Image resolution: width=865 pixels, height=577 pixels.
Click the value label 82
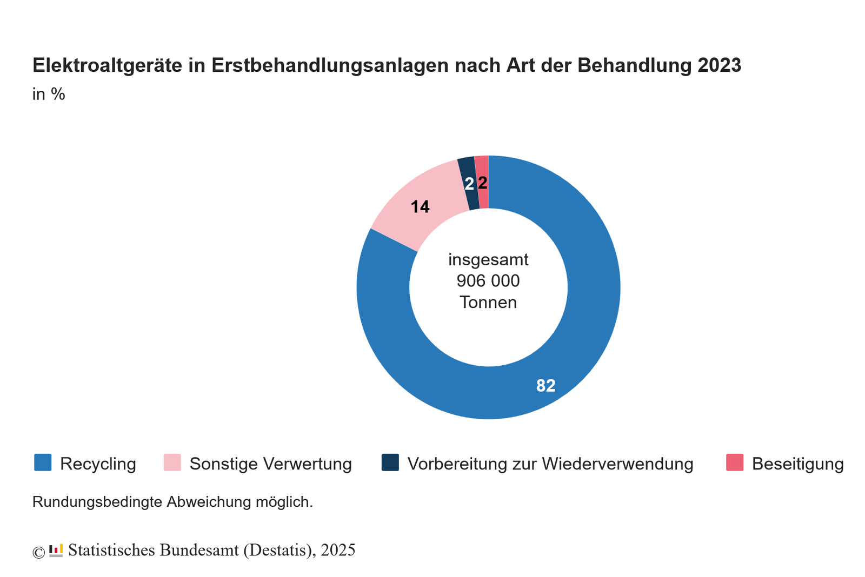(x=545, y=386)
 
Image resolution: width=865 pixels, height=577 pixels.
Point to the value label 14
(x=420, y=206)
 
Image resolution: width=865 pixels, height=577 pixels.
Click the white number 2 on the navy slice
(x=469, y=184)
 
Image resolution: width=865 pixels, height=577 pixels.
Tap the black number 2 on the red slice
(x=483, y=183)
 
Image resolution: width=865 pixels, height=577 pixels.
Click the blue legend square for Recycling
(x=43, y=462)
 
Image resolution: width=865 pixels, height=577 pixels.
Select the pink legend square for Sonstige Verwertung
(x=172, y=462)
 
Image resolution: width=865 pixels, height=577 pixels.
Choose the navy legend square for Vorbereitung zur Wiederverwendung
(x=390, y=462)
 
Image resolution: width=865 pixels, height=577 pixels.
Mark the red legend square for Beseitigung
(x=735, y=462)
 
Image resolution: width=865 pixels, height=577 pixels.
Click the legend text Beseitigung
(x=797, y=464)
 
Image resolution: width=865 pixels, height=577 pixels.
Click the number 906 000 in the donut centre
(x=488, y=281)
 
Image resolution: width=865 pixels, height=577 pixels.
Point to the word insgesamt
(x=488, y=260)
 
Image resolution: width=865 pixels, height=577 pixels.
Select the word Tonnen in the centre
(x=488, y=302)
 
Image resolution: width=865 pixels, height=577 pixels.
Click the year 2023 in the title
(x=719, y=65)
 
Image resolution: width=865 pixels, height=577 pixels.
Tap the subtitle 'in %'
(x=49, y=94)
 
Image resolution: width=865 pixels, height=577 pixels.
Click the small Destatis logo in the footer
(x=56, y=551)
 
